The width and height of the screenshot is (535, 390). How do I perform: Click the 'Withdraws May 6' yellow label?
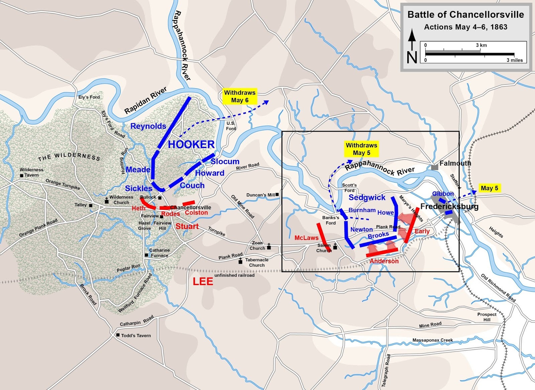240,96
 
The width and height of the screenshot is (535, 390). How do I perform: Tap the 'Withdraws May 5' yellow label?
361,149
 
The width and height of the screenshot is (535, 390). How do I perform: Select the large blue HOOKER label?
191,144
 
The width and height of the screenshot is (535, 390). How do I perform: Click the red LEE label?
203,282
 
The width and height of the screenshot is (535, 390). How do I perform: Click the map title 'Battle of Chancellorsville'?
465,15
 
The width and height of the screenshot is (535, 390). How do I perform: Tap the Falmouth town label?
455,163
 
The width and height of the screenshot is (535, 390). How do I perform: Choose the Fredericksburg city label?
449,206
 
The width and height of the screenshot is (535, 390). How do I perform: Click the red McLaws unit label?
306,238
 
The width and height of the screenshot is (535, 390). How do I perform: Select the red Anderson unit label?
384,261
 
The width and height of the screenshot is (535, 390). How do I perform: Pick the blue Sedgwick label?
367,197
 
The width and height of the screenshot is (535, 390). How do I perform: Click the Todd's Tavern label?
136,335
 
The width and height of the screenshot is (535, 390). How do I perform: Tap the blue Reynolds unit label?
148,126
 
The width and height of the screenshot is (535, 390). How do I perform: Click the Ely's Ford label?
89,97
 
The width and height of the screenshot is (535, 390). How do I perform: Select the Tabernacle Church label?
256,262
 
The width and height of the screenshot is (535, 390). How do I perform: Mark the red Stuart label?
187,226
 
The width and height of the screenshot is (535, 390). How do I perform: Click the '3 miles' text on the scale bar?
514,60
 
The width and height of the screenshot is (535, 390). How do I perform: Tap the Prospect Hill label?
487,317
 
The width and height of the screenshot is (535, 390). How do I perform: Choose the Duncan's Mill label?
261,195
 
